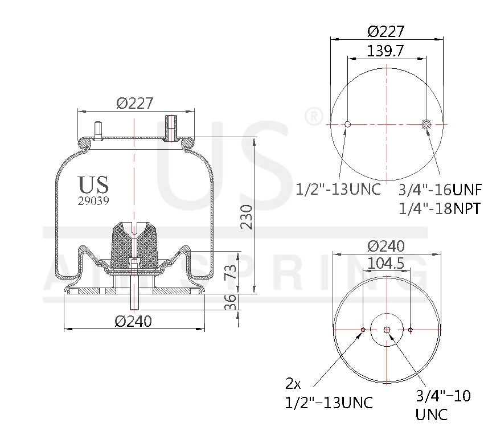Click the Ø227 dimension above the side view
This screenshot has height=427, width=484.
(135, 103)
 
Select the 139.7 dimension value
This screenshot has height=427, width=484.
(386, 51)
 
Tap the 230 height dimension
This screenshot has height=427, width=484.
(246, 216)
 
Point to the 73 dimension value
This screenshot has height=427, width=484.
(229, 272)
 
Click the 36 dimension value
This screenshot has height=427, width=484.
(229, 302)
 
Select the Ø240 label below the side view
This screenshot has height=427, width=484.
(133, 321)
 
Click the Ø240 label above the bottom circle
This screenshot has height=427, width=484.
(386, 246)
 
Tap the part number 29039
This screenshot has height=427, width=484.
(93, 200)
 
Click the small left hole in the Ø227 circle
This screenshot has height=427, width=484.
(348, 124)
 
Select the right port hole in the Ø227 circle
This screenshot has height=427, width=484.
(426, 124)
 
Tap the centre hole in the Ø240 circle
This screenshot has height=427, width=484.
(387, 330)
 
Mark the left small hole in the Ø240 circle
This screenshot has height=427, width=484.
(363, 330)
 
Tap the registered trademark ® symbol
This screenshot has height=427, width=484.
(314, 117)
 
